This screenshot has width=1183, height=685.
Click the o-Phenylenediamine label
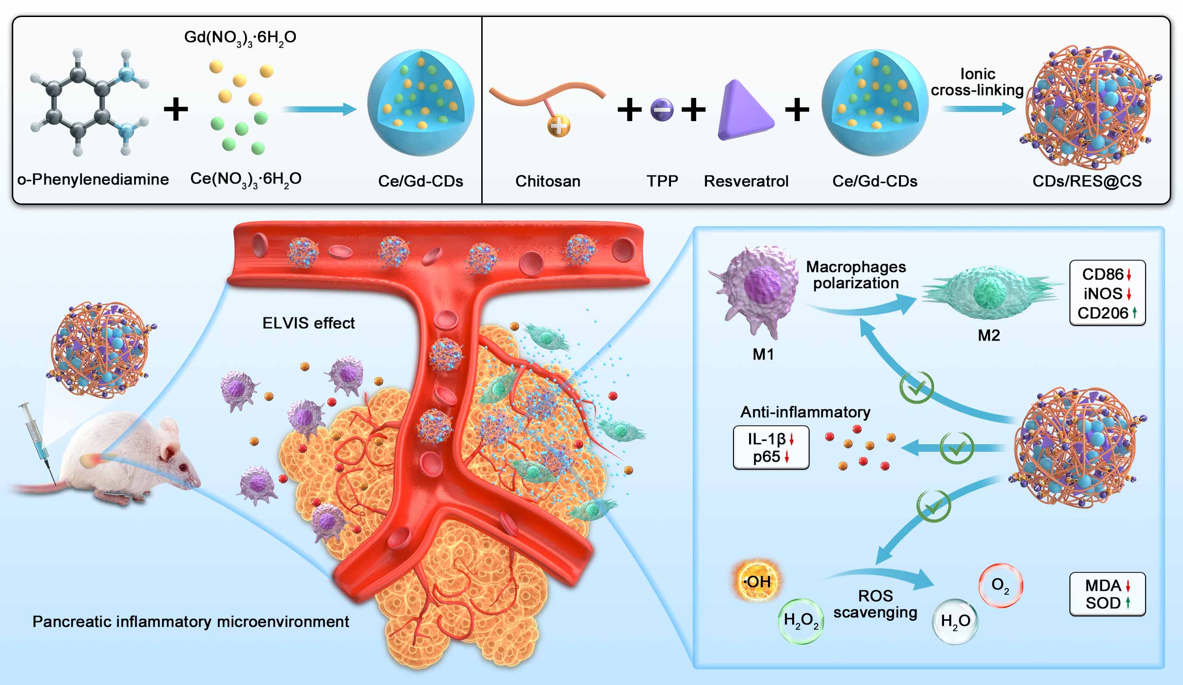(93, 180)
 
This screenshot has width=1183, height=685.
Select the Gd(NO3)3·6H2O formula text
(240, 37)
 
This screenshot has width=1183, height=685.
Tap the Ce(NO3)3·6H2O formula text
(246, 179)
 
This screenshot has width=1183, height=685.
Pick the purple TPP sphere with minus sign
(662, 110)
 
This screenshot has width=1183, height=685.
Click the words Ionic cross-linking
(977, 82)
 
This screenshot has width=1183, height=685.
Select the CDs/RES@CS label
(1087, 181)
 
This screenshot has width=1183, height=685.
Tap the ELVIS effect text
(309, 323)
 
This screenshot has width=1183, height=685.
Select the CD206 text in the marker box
(1103, 313)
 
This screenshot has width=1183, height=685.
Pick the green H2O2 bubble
(801, 621)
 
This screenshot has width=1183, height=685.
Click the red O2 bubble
(1000, 586)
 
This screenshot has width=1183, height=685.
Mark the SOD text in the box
(1103, 603)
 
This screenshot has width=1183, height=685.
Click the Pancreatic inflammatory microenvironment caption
(191, 622)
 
